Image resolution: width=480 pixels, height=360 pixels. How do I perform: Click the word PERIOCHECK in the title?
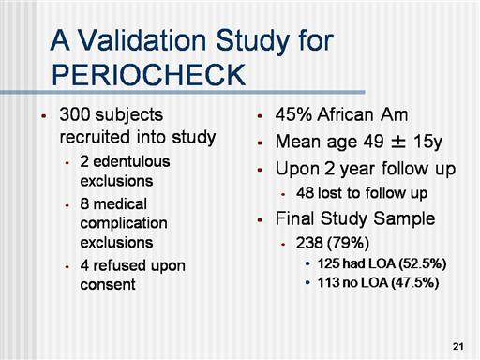point(148,75)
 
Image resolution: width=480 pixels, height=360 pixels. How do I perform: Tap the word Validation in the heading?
point(142,40)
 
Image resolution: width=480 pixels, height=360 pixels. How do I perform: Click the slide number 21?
point(457,346)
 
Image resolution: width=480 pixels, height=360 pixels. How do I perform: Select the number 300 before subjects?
point(74,114)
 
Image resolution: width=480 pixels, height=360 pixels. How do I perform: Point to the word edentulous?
point(131,161)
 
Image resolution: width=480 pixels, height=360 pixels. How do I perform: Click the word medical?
point(120,204)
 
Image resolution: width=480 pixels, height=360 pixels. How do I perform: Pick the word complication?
point(124,224)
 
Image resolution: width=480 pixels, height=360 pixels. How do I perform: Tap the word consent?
point(108,285)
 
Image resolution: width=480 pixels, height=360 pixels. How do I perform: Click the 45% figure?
point(293,114)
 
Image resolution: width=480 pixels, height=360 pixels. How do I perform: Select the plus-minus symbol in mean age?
point(398,142)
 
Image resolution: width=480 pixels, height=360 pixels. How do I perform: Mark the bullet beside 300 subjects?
point(44,116)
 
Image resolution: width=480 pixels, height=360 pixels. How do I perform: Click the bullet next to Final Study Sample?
point(260,220)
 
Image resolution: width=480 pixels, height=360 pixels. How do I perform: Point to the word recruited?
point(95,137)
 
